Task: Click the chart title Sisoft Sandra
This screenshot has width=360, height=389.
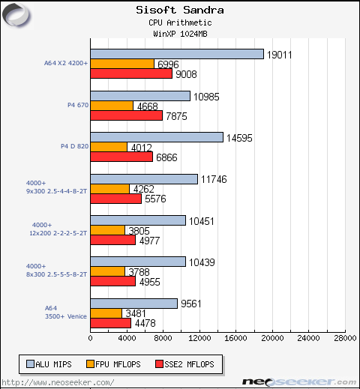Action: tap(180, 10)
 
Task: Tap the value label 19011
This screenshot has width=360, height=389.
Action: tap(281, 54)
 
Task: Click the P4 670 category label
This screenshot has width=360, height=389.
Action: tap(78, 106)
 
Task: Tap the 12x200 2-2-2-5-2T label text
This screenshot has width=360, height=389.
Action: tap(59, 233)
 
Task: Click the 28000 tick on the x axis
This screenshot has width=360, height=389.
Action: tap(345, 339)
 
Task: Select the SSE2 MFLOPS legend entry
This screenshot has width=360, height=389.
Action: tap(184, 364)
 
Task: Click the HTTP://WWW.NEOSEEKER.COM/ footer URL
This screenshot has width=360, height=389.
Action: tap(60, 382)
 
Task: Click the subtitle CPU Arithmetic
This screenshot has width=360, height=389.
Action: tap(180, 23)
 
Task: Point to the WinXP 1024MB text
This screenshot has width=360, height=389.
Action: tap(180, 34)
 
